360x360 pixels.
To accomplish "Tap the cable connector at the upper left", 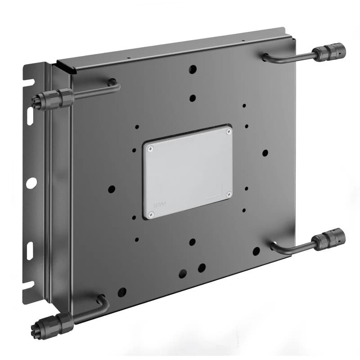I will tap(53, 99).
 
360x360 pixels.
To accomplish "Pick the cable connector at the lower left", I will tap(53, 324).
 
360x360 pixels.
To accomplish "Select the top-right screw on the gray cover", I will tap(229, 131).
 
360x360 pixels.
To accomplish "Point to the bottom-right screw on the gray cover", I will tap(229, 194).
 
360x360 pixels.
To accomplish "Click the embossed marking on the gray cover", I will tap(159, 204).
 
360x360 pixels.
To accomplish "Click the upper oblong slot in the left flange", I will tap(30, 116).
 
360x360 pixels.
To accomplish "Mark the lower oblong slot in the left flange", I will tap(30, 251).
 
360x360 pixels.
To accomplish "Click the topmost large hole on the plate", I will tap(193, 69).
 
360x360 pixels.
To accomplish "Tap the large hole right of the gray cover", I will tap(265, 153).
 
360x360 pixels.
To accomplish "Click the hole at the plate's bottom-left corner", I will tap(122, 292).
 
